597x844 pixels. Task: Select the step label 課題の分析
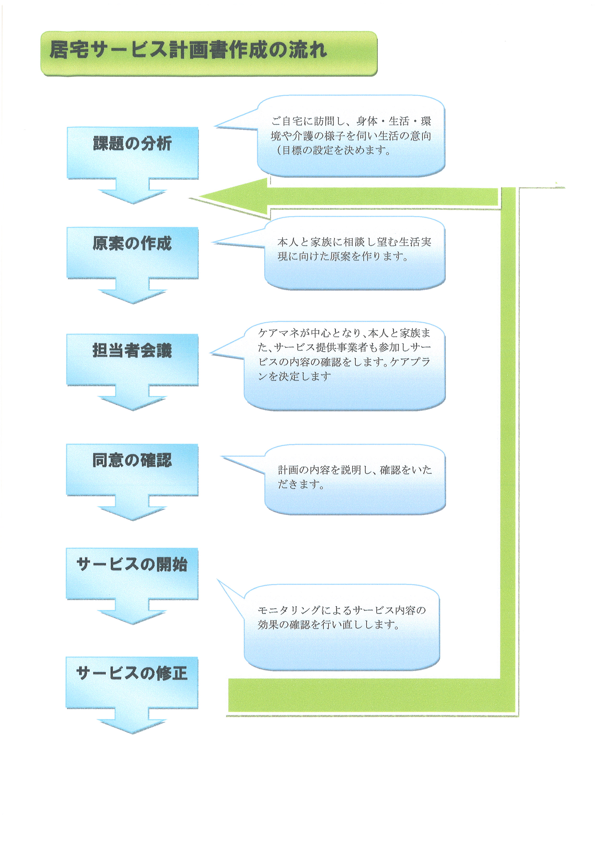point(132,143)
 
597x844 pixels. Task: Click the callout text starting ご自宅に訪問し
point(351,136)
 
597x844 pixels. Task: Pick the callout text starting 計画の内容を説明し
point(355,477)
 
